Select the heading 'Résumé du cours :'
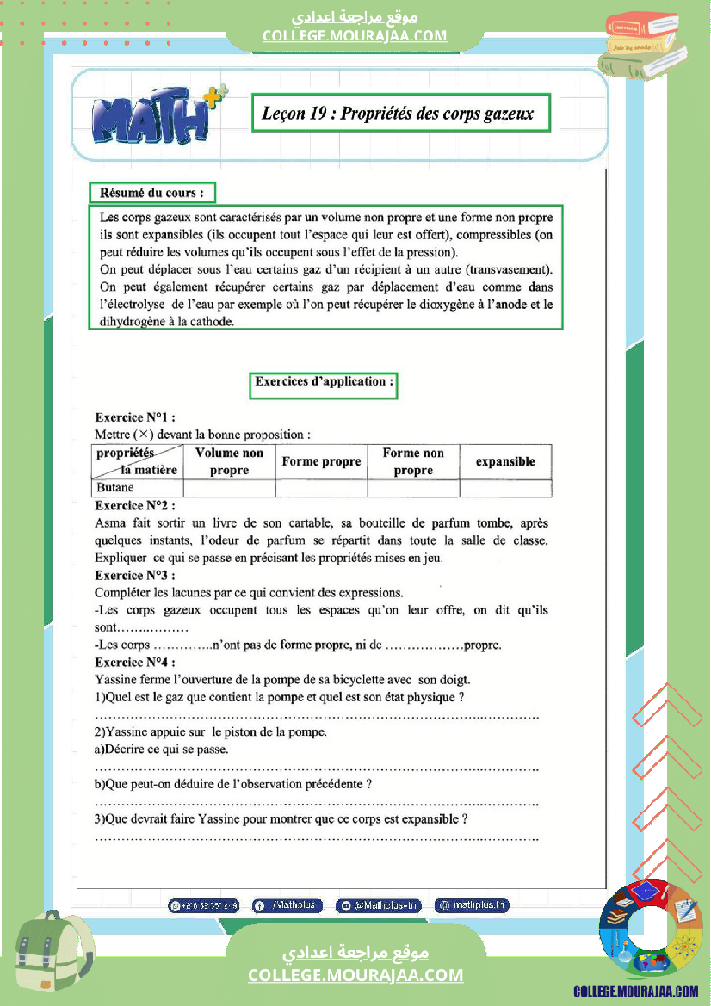click(152, 193)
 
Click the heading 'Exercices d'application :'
click(324, 381)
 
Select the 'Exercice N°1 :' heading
click(135, 417)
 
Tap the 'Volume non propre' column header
click(229, 461)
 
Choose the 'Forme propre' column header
click(321, 461)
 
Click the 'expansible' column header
click(505, 461)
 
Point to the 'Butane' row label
click(115, 488)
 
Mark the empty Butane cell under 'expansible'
click(505, 488)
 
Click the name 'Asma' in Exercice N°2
click(110, 522)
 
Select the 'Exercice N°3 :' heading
click(135, 575)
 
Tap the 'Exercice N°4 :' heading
click(135, 662)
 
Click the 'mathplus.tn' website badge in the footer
click(472, 905)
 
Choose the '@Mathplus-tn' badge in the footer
click(379, 905)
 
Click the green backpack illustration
click(53, 955)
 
